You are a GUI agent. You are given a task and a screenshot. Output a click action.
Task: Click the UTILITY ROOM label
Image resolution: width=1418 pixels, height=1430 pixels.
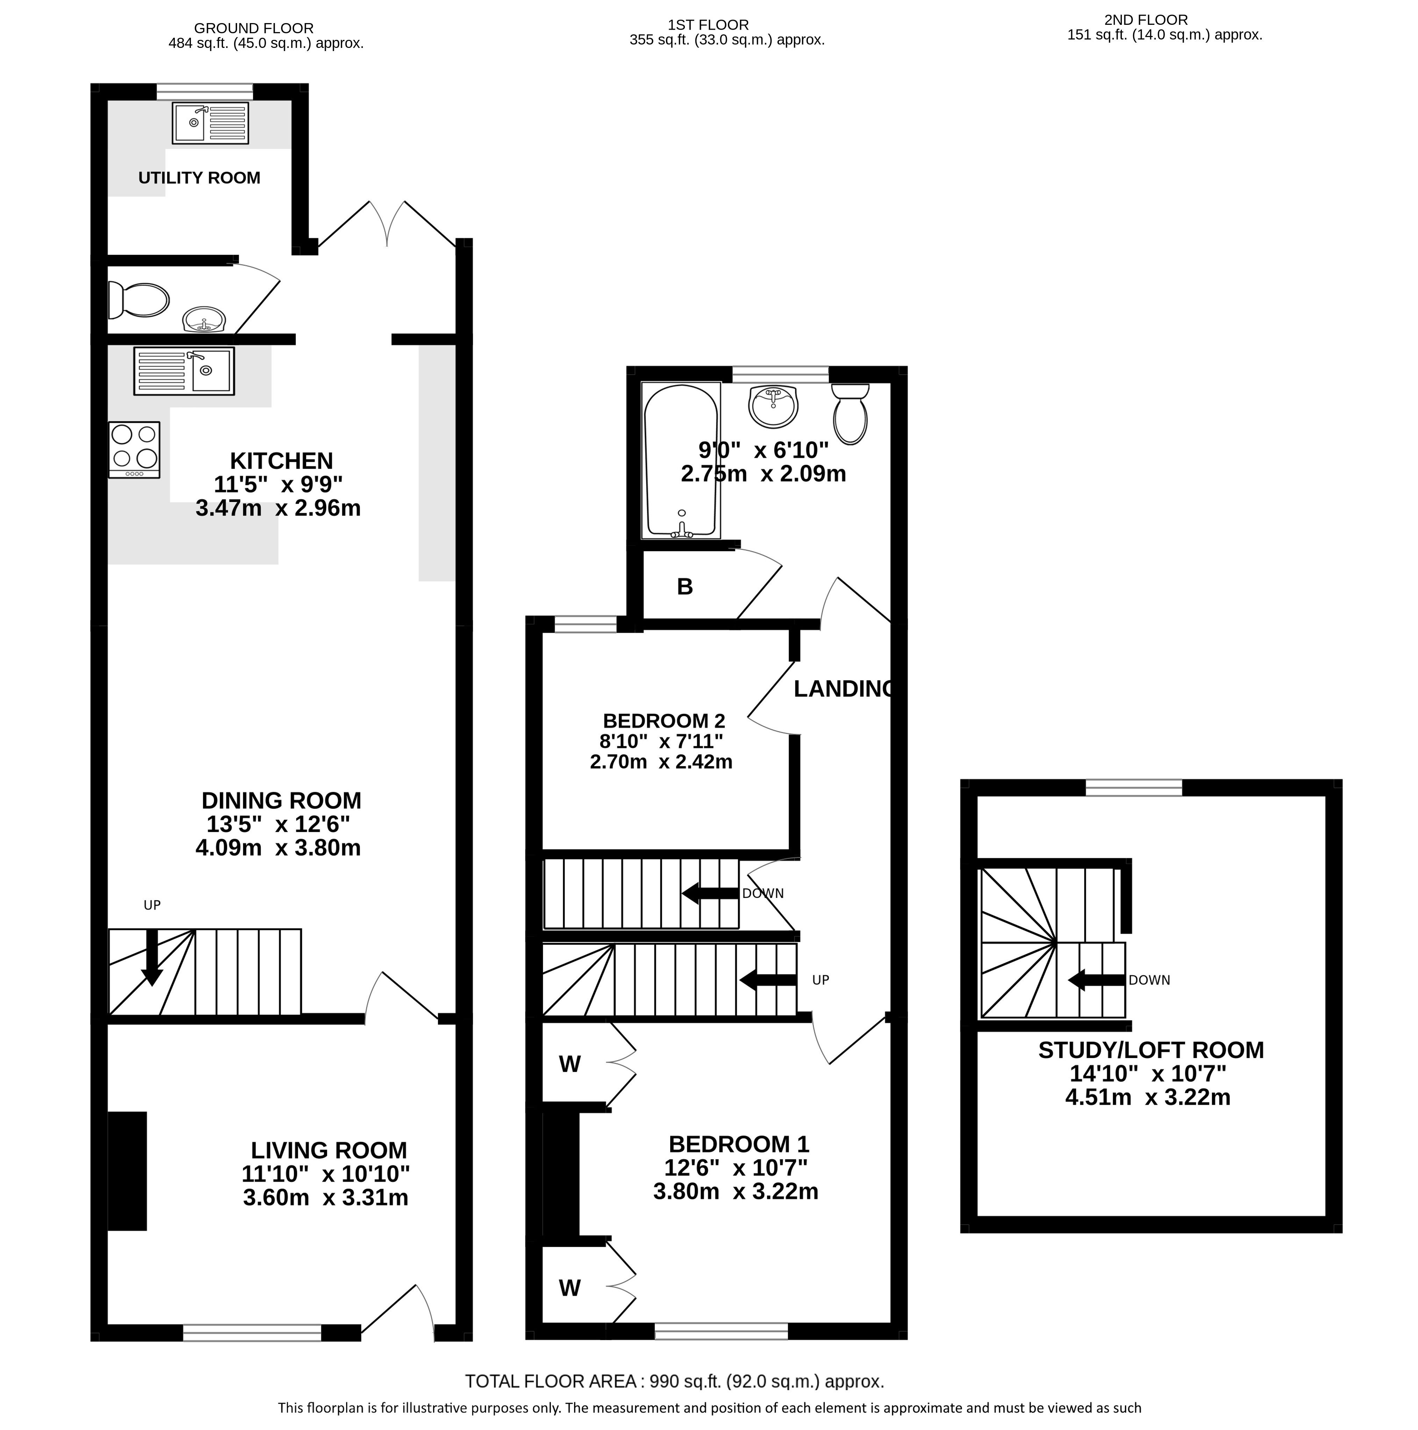click(199, 178)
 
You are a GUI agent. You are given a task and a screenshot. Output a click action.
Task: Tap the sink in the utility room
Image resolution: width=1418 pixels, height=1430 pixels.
click(210, 123)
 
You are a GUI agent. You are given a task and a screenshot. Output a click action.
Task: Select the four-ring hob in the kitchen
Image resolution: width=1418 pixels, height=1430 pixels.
click(134, 449)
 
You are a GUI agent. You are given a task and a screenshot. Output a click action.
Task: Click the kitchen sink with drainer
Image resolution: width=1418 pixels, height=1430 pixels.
click(184, 371)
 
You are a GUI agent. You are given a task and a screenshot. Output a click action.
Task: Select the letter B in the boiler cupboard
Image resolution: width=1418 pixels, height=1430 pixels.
click(685, 587)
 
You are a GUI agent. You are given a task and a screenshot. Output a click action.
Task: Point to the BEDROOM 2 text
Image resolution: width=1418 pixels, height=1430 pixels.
click(664, 720)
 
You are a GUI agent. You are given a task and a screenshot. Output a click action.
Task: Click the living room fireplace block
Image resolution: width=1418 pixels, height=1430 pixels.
click(127, 1171)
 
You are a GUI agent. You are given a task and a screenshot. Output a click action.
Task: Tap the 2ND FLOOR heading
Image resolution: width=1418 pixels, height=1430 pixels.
click(1146, 20)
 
